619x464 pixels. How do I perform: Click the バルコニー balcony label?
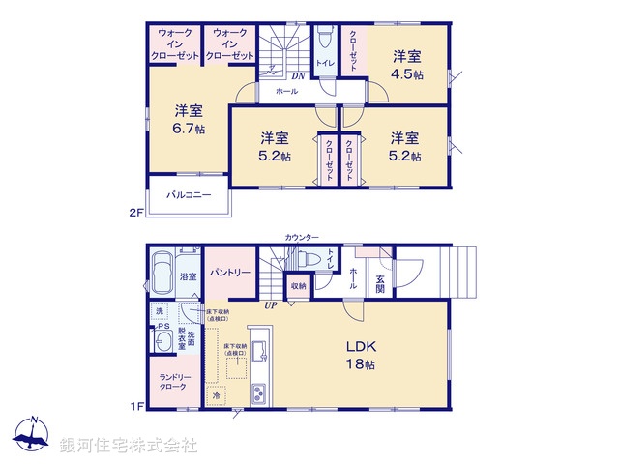click(188, 194)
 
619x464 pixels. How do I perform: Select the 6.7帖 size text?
click(189, 129)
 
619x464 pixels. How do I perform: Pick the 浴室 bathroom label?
click(188, 277)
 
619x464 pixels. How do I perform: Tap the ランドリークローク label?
click(175, 383)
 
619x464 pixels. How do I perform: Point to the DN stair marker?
click(301, 74)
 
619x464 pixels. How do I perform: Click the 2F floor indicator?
click(136, 212)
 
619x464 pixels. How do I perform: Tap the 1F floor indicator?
click(136, 405)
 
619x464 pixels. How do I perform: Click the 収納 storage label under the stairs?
click(298, 286)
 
